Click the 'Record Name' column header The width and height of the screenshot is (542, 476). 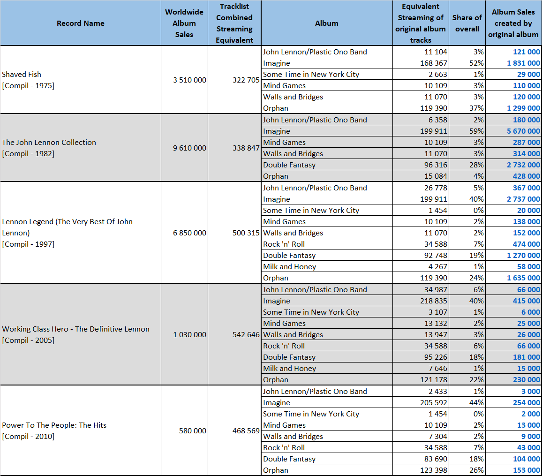(81, 23)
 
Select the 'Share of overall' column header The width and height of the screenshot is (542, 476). (467, 23)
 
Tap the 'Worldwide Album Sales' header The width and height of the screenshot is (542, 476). (184, 23)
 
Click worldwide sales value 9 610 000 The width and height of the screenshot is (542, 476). (189, 148)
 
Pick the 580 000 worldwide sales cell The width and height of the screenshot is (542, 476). (193, 431)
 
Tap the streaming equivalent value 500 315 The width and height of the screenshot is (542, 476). (246, 233)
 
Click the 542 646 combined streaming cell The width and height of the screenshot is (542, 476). (246, 335)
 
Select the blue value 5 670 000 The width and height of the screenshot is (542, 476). (523, 131)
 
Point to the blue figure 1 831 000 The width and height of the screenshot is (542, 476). (523, 63)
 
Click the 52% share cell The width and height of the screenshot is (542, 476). (476, 63)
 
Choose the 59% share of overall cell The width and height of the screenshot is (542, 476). (476, 131)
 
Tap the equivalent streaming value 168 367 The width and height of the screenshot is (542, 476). (434, 63)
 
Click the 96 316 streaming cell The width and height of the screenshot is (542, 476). (436, 165)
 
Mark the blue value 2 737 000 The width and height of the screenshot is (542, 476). (523, 199)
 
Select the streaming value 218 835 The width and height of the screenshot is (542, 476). (434, 301)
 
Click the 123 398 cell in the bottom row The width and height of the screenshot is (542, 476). (434, 470)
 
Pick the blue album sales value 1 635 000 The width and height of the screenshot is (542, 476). (523, 278)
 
